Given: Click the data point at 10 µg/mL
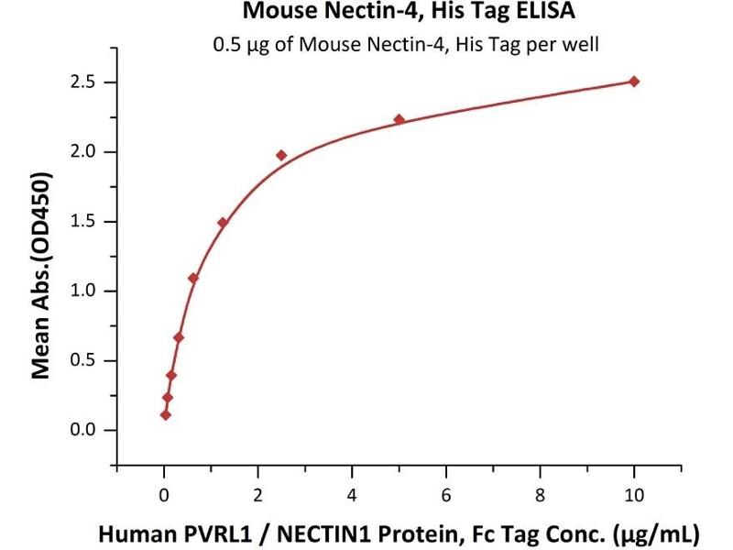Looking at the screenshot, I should (x=634, y=82).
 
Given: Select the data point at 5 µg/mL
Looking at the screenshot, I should (x=399, y=119).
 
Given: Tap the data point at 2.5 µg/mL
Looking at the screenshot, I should (x=281, y=156).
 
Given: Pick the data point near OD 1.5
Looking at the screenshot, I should (x=223, y=223).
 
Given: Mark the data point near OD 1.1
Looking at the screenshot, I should (x=193, y=278).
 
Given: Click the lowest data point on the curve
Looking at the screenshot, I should (x=165, y=414).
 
